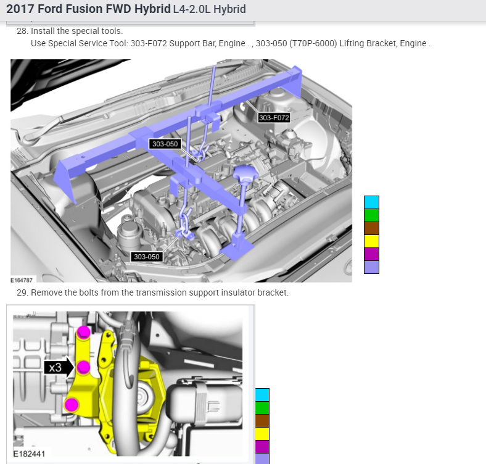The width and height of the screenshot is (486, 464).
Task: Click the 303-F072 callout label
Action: pyautogui.click(x=274, y=118)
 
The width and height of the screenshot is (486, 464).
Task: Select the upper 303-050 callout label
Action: pyautogui.click(x=165, y=144)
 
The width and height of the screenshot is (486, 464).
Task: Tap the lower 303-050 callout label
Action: pyautogui.click(x=147, y=257)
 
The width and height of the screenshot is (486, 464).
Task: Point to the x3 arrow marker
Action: pyautogui.click(x=59, y=368)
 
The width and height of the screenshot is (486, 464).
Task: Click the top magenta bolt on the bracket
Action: pyautogui.click(x=83, y=332)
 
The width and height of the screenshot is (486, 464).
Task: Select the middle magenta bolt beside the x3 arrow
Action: pyautogui.click(x=83, y=367)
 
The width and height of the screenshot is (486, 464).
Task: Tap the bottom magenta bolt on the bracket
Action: pyautogui.click(x=72, y=405)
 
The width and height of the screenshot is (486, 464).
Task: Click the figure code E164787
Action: pyautogui.click(x=22, y=280)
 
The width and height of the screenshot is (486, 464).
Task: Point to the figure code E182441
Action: pyautogui.click(x=29, y=454)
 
